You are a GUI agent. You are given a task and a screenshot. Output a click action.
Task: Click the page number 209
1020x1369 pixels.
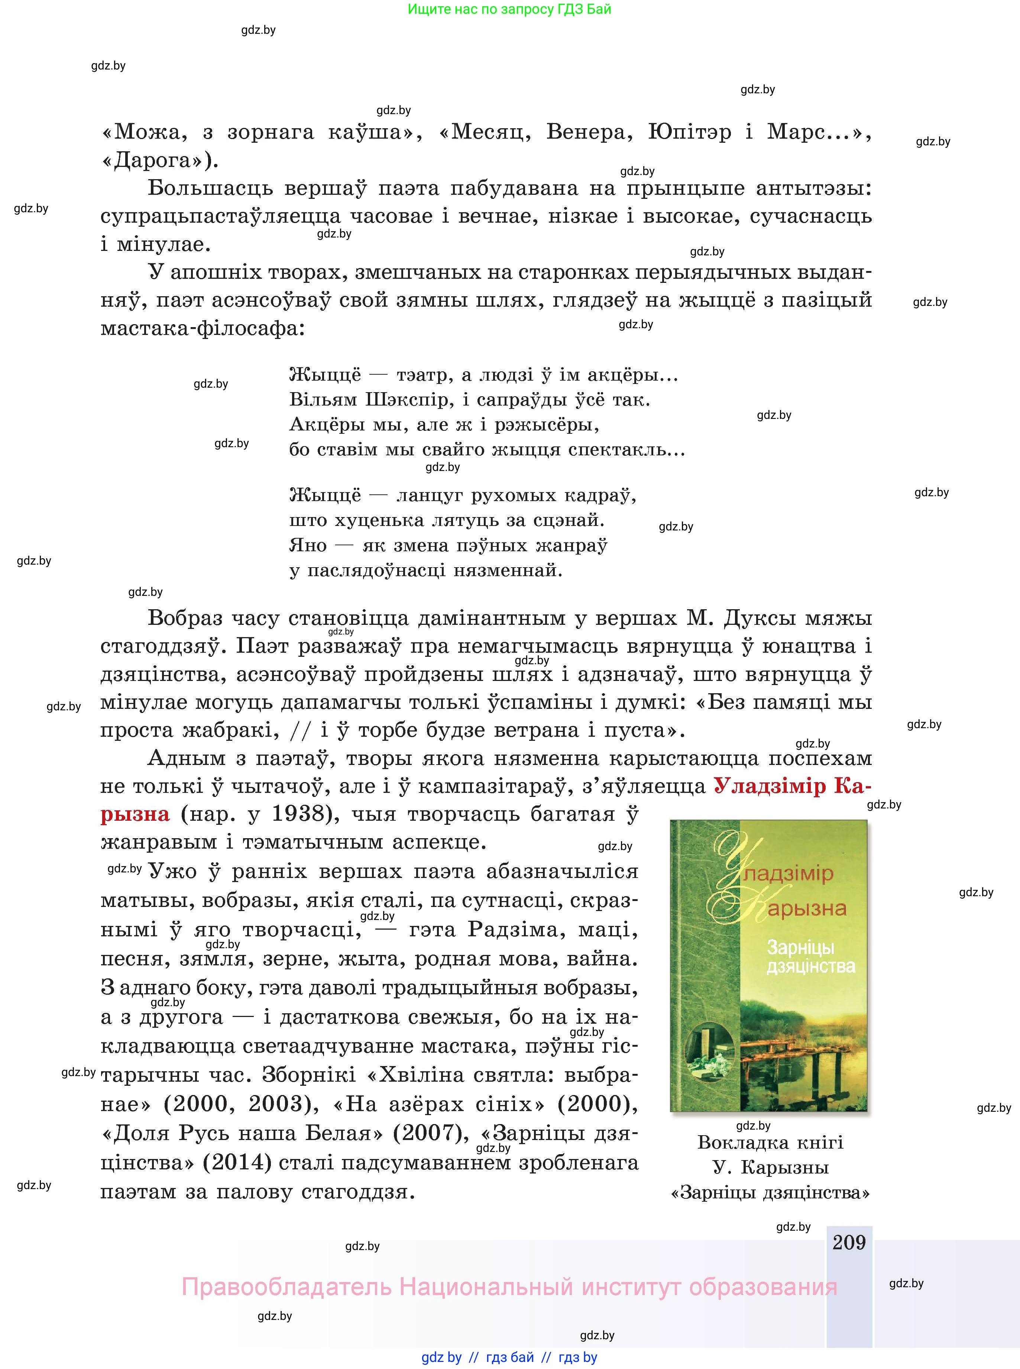click(x=849, y=1242)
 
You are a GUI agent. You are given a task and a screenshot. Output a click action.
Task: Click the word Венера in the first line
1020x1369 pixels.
click(x=590, y=132)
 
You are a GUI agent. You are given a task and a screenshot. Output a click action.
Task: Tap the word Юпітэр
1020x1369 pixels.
click(x=690, y=132)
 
